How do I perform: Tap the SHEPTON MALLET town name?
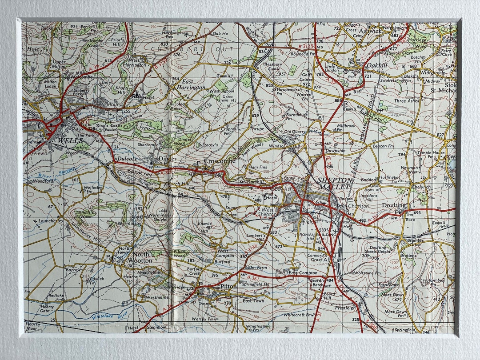click(334, 183)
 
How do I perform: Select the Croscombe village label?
click(220, 161)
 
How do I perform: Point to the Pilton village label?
click(228, 287)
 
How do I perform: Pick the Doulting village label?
click(394, 205)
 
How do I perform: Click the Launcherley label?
click(51, 220)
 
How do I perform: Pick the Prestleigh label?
click(346, 308)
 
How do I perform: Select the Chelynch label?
click(420, 187)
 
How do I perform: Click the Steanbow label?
click(156, 328)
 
